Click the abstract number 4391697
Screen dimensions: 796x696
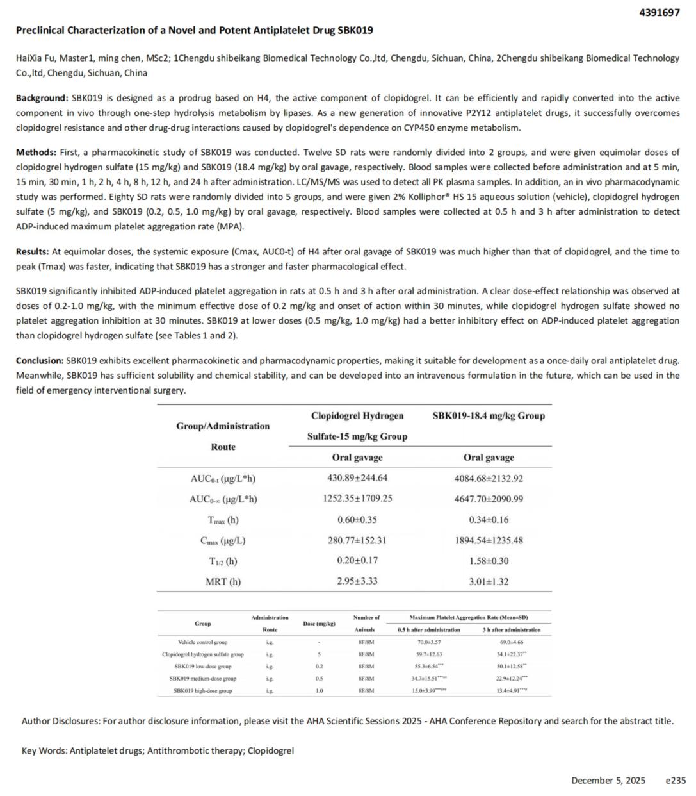[660, 12]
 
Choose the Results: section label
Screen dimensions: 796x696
[33, 252]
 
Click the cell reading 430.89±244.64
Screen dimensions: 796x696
[357, 478]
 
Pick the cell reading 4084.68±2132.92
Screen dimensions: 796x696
[489, 478]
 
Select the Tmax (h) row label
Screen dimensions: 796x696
[223, 520]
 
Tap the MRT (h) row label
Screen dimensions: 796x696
[223, 582]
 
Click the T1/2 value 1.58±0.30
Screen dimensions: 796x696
[489, 561]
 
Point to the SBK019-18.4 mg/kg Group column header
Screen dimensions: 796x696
[489, 415]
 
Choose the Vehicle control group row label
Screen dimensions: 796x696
[202, 642]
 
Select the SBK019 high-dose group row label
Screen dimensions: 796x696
[202, 691]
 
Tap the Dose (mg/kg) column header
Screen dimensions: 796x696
[319, 624]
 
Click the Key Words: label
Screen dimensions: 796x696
[44, 750]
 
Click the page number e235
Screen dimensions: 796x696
[676, 781]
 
